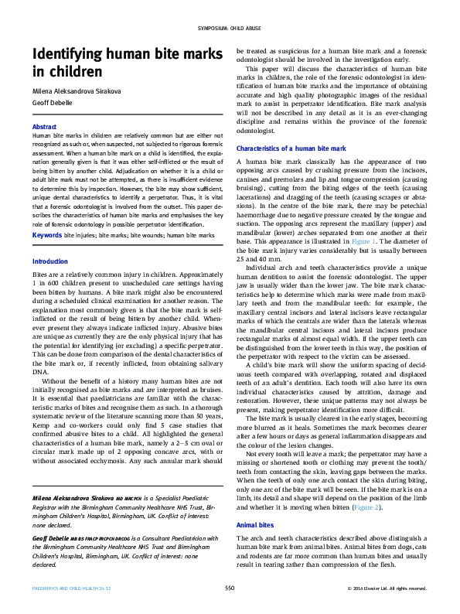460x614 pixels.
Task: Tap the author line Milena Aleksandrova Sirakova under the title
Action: (77, 90)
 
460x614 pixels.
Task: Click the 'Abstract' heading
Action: (44, 127)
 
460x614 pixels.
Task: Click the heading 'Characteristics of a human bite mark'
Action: (291, 147)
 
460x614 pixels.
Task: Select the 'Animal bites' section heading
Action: (255, 525)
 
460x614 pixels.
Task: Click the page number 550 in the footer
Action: (230, 588)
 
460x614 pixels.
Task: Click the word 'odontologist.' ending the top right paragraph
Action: (256, 131)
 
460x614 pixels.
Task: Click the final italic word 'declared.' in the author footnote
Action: (46, 563)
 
